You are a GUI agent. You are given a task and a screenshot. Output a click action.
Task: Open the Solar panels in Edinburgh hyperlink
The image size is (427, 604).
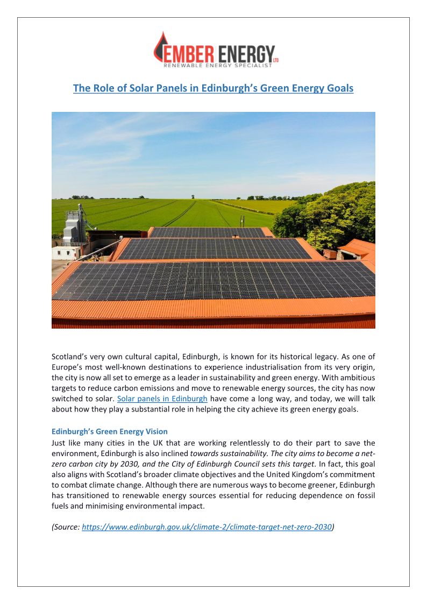pos(162,399)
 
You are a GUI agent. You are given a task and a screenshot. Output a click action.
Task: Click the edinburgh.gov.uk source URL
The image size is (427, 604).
pos(207,527)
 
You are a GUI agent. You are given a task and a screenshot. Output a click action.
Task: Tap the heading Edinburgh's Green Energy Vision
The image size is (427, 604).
pos(109,431)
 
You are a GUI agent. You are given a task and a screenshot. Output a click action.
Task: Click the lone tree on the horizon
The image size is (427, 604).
pos(193,197)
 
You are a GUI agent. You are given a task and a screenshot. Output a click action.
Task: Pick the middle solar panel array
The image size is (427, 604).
pos(215,249)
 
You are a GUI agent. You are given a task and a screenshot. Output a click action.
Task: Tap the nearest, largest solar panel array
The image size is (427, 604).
pos(215,280)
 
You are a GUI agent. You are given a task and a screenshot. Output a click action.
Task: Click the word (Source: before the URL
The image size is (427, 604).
pos(66,527)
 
